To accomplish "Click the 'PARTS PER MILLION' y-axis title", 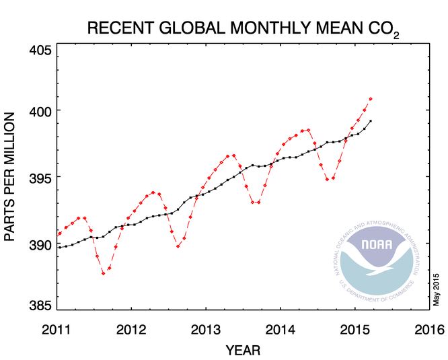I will point(11,178).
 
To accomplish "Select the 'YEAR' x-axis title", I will point(243,350).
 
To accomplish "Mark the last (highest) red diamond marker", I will point(371,99).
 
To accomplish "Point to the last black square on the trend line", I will point(371,121).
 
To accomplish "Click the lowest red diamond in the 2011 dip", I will point(104,273).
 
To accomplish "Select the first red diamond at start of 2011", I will point(60,233).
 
